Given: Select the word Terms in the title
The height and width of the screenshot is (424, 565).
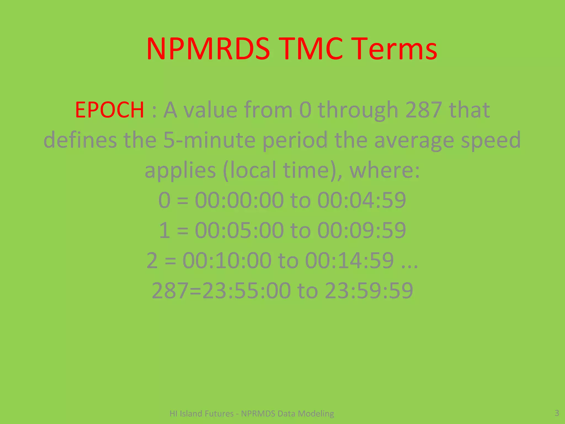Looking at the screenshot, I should click(395, 49).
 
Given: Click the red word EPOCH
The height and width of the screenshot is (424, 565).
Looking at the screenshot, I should click(110, 110).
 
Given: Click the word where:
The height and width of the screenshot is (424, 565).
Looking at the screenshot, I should click(385, 170).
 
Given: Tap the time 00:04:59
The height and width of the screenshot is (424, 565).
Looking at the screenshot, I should click(362, 200).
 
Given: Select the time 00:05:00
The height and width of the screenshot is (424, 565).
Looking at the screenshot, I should click(239, 230).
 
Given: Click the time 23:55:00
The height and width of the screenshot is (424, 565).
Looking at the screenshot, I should click(246, 290).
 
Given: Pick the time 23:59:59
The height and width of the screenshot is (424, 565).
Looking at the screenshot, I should click(369, 290).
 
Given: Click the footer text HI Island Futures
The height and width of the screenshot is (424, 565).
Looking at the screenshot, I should click(201, 414).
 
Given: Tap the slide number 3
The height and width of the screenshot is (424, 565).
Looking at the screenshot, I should click(557, 413).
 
